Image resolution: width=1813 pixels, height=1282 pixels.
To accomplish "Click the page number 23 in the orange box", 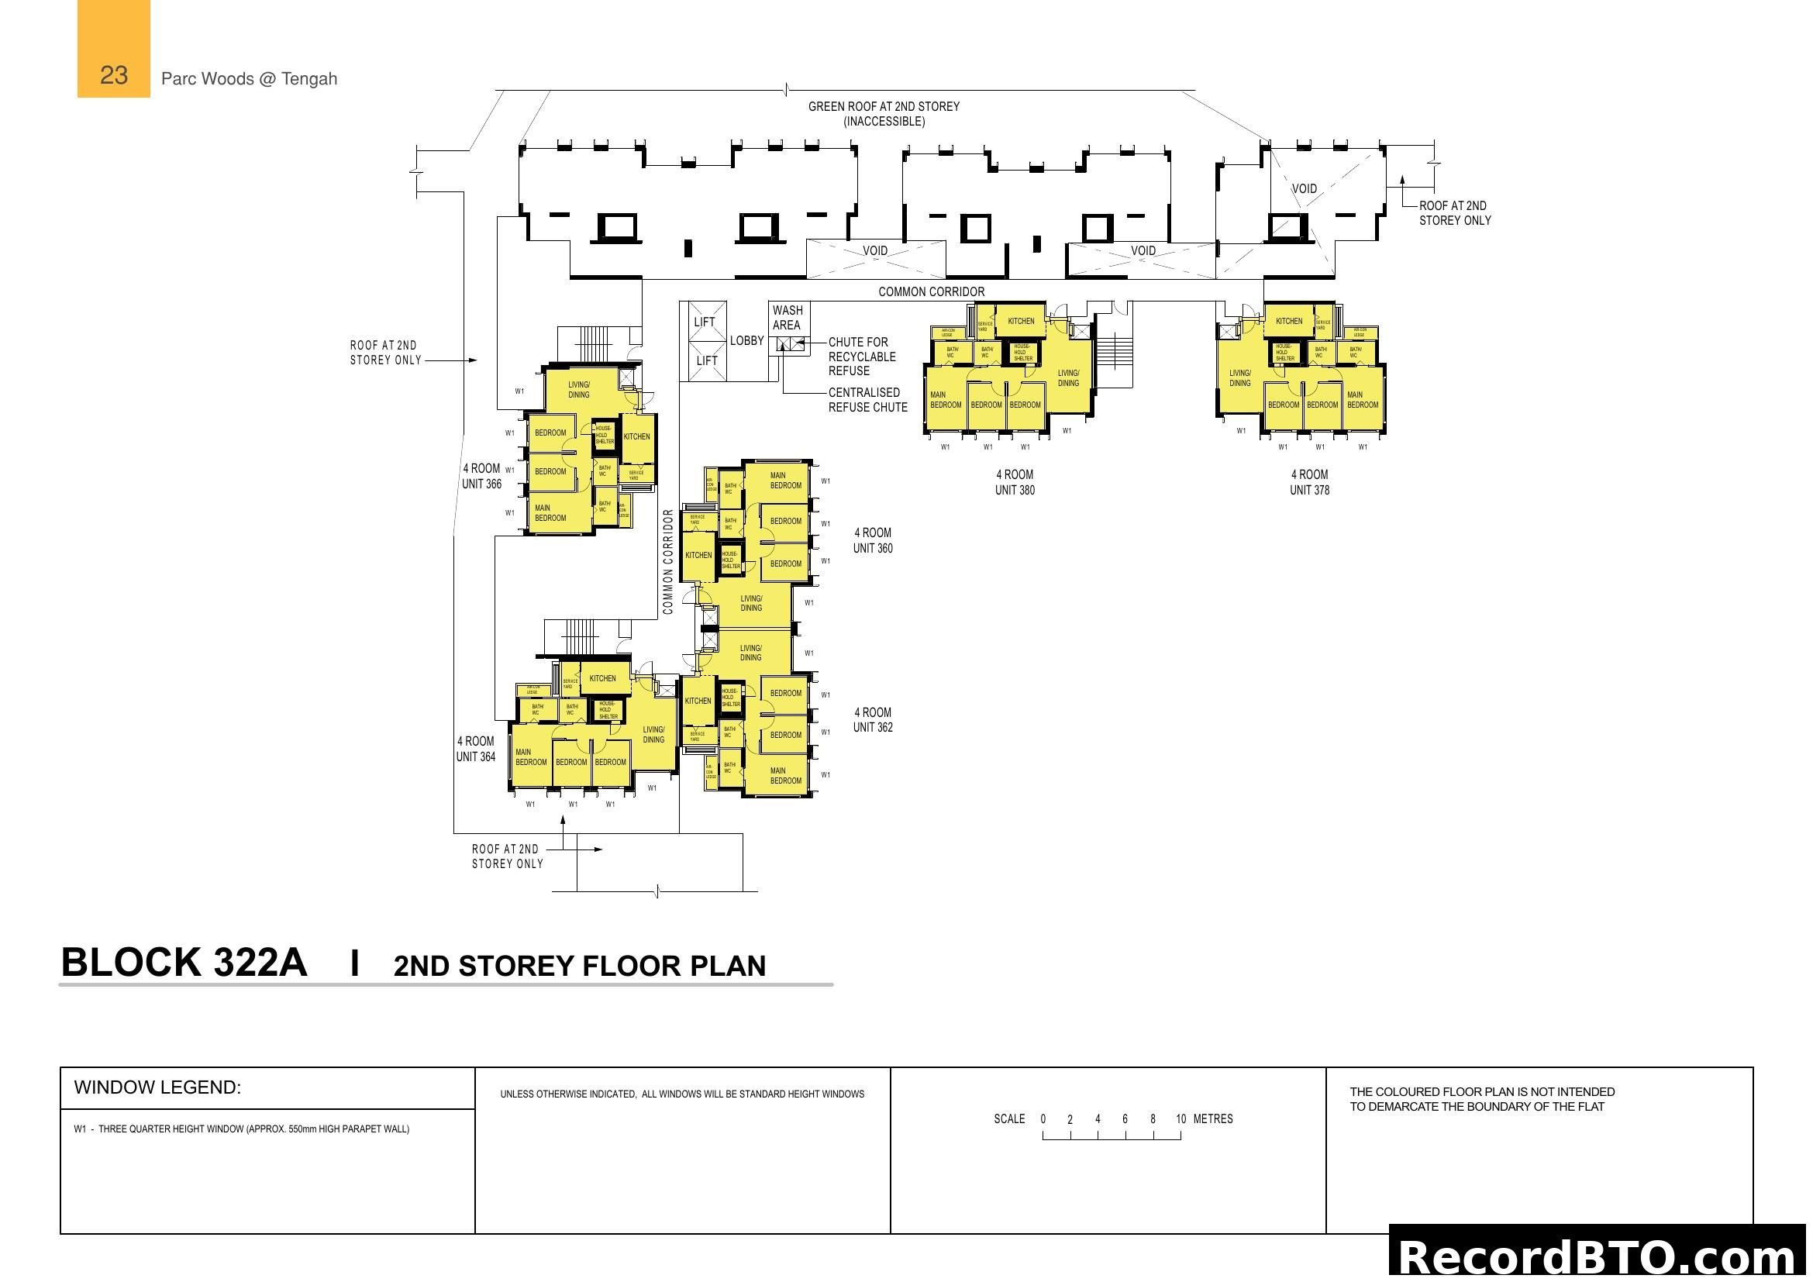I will click(x=114, y=75).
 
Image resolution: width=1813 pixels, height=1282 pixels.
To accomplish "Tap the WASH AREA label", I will click(x=788, y=317).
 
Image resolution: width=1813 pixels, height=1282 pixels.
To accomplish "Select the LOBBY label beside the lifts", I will click(x=746, y=341).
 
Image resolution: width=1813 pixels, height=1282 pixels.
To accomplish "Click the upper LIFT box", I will click(x=705, y=322).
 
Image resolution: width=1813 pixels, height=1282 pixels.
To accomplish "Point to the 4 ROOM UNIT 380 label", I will click(x=1015, y=482).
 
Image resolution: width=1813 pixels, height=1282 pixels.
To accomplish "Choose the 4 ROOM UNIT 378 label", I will click(x=1309, y=482).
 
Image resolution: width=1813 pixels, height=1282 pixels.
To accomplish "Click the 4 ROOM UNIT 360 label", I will click(x=873, y=541).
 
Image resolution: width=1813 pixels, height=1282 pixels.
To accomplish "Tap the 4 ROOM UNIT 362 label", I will click(x=873, y=720).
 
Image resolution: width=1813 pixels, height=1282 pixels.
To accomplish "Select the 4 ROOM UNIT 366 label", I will click(x=481, y=476).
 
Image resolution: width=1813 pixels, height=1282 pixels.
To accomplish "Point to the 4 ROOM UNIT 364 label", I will click(x=475, y=750).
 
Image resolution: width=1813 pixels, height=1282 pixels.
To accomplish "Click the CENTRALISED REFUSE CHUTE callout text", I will click(x=867, y=399).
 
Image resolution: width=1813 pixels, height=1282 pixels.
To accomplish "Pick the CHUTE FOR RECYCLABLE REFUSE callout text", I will click(x=861, y=356).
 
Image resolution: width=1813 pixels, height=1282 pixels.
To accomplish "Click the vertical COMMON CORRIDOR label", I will click(x=668, y=561).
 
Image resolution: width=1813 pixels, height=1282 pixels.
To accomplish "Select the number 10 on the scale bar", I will click(x=1181, y=1118).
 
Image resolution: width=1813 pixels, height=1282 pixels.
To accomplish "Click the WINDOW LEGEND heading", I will click(x=157, y=1087).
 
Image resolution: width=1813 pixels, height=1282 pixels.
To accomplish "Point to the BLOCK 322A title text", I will click(x=184, y=963).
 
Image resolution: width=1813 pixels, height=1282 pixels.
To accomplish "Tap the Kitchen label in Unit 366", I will click(x=636, y=436).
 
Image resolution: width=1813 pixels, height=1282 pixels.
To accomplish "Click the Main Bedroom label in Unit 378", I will click(x=1362, y=399).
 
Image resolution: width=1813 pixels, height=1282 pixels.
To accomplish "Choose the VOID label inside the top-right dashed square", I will click(x=1304, y=188).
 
